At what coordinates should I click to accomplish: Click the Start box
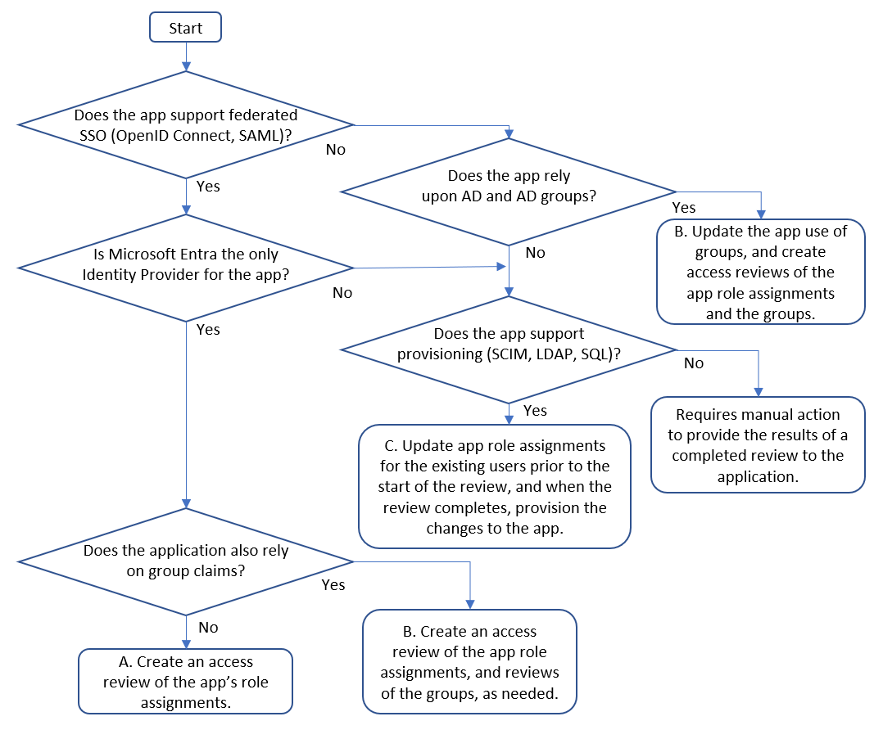click(x=185, y=28)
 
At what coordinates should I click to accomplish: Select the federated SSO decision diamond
click(x=186, y=124)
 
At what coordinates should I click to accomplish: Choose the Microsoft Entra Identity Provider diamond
click(x=186, y=266)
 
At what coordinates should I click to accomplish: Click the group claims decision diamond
click(x=186, y=561)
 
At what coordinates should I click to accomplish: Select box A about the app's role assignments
click(x=185, y=682)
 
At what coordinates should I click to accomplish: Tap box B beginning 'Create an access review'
click(x=470, y=661)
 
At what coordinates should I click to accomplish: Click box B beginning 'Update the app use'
click(x=760, y=272)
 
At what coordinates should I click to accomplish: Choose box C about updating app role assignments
click(x=495, y=487)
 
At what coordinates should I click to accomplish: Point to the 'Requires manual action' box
click(x=758, y=445)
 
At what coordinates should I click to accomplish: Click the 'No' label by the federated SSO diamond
click(x=336, y=150)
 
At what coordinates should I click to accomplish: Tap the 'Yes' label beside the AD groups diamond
click(x=684, y=208)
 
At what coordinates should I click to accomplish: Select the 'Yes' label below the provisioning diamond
click(x=535, y=410)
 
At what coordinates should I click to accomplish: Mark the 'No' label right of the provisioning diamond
click(x=693, y=363)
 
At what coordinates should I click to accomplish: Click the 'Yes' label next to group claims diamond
click(x=333, y=585)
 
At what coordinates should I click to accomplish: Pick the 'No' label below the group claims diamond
click(x=209, y=627)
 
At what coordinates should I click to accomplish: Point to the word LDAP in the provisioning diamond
click(x=550, y=354)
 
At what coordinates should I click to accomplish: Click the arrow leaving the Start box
click(x=186, y=56)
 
